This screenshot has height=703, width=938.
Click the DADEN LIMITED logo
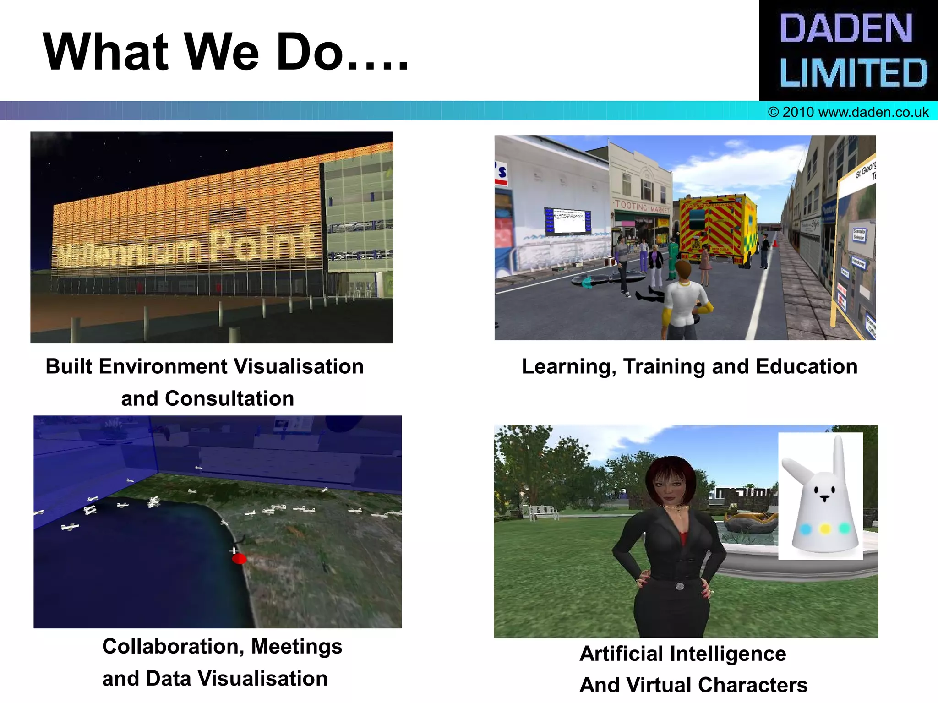pos(848,50)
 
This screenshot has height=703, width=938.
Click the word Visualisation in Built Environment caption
pos(299,366)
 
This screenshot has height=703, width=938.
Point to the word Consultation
pos(229,398)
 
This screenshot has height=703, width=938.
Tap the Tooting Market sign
pos(641,207)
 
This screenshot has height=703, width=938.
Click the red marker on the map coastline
pos(239,559)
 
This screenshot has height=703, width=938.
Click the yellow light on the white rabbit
pos(825,529)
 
